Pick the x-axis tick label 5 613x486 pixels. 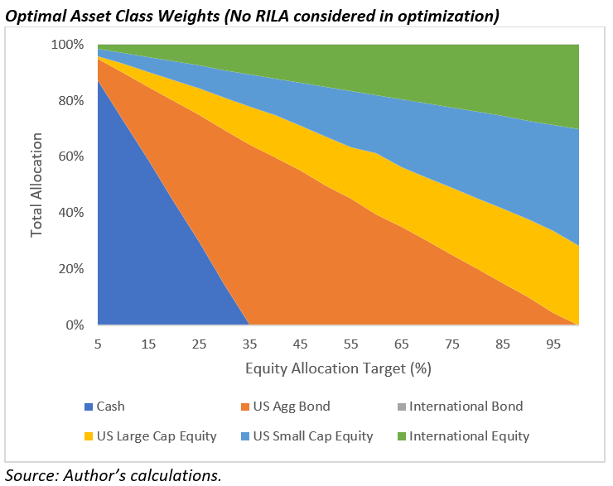point(98,344)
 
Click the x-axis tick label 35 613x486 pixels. point(249,344)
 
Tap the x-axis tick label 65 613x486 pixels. point(400,344)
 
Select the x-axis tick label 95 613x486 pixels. point(551,344)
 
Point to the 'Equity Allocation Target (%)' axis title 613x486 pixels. point(338,366)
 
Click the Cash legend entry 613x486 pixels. point(111,407)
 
